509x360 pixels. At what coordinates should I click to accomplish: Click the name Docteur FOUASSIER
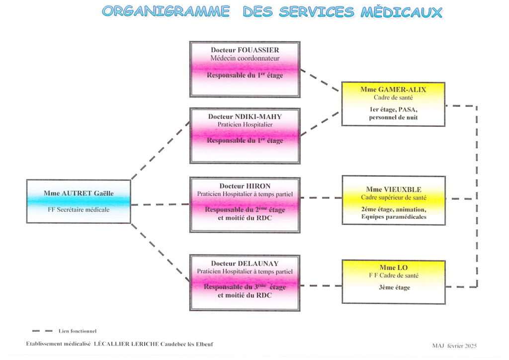245,50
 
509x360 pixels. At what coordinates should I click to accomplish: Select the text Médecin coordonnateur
245,59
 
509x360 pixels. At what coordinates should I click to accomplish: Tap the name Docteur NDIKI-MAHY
245,116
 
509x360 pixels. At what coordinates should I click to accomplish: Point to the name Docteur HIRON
245,186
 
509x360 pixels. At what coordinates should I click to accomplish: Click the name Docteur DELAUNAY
245,263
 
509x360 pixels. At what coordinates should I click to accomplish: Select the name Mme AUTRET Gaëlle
79,193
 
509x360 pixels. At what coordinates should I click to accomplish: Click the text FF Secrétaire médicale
79,210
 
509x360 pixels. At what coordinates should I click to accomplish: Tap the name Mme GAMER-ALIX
393,90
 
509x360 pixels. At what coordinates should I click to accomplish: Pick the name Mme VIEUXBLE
394,189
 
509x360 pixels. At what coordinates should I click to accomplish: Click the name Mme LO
394,268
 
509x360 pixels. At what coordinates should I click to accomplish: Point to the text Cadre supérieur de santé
394,197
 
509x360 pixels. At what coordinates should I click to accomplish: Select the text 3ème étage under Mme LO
394,287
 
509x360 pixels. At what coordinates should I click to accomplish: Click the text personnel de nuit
393,117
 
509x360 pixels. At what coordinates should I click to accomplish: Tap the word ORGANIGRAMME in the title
166,12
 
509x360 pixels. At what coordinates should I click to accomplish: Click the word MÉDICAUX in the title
402,12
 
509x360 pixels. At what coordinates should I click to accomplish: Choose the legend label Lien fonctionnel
77,331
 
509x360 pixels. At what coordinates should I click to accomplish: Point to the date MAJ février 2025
454,346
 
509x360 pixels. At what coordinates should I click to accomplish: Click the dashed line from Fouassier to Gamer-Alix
320,80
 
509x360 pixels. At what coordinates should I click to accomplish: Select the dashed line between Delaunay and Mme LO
321,285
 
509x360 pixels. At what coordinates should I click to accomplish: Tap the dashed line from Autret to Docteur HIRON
160,204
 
